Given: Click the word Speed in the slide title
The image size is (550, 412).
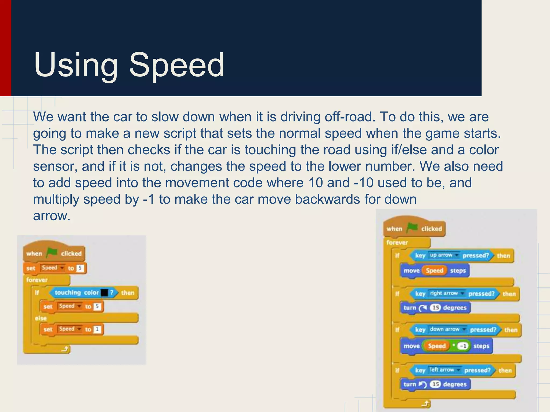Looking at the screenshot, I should click(176, 65).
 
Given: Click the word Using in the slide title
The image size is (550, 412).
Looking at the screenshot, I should click(76, 65).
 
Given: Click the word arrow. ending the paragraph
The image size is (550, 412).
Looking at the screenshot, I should click(52, 216).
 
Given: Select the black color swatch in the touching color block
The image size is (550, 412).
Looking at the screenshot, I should click(104, 293).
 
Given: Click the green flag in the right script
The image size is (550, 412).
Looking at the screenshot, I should click(412, 228).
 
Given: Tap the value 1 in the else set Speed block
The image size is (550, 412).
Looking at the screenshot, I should click(97, 329).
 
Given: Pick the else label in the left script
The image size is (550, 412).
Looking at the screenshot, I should click(41, 318).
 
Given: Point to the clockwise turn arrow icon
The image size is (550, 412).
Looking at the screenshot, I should click(422, 308).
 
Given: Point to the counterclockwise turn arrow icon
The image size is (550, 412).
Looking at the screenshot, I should click(422, 385).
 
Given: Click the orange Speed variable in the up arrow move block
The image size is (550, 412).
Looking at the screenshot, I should click(434, 270).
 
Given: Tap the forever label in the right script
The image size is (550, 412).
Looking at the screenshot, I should click(397, 243).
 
